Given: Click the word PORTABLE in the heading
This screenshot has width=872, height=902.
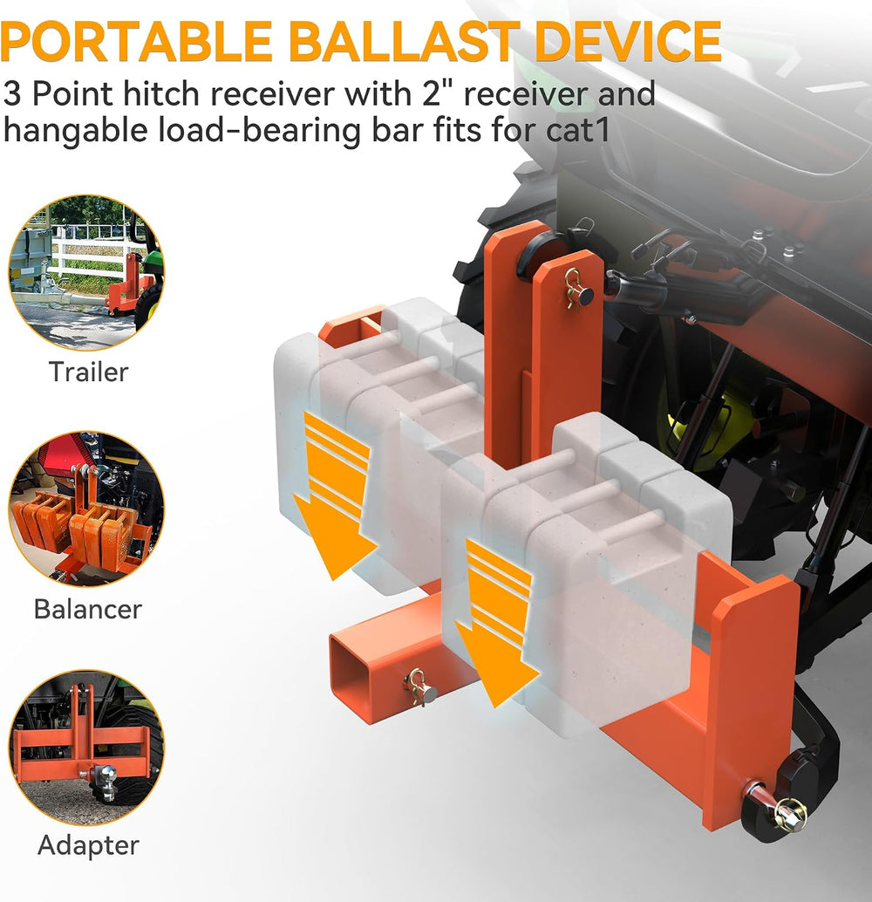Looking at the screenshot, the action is click(136, 41).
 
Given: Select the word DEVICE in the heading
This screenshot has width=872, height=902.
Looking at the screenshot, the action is click(628, 41).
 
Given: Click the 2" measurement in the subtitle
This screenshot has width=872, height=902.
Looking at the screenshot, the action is click(435, 93).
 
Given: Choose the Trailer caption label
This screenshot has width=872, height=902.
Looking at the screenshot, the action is click(88, 372).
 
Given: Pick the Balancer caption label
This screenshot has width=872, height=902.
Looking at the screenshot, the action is click(87, 609).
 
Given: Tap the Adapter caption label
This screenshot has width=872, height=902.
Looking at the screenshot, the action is click(88, 845).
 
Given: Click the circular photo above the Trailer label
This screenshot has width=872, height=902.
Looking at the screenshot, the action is click(87, 273).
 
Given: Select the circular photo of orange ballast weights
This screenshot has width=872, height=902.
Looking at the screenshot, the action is click(87, 509).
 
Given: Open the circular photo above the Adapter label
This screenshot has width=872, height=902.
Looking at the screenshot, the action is click(87, 747).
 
